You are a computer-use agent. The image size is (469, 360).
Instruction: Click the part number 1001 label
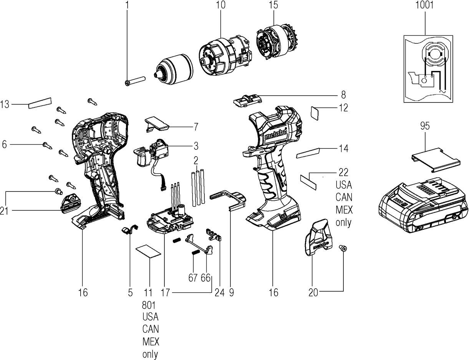coord(425,5)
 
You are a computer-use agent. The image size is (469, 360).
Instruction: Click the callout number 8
coord(343,94)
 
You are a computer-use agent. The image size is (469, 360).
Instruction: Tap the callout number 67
coord(193,277)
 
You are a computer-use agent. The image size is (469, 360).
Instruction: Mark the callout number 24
coord(219,292)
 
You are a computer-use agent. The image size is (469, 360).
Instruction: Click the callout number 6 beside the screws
coord(5,144)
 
